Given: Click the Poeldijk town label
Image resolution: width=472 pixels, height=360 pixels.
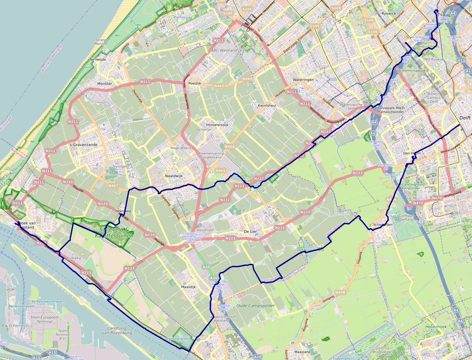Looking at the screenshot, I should pyautogui.click(x=195, y=83).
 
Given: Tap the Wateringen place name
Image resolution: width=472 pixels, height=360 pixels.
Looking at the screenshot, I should pyautogui.click(x=303, y=80).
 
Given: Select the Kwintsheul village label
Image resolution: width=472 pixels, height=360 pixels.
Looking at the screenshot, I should pyautogui.click(x=267, y=105).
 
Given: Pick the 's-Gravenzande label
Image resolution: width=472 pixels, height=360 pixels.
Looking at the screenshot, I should pyautogui.click(x=83, y=145).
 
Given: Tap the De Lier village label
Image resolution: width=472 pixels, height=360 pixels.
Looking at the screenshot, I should pyautogui.click(x=251, y=231).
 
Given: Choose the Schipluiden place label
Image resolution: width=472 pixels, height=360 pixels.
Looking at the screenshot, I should pyautogui.click(x=383, y=224).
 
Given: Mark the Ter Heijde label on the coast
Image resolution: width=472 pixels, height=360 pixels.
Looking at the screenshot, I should pyautogui.click(x=98, y=60).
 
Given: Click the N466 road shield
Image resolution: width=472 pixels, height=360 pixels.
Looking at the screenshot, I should pyautogui.click(x=229, y=147).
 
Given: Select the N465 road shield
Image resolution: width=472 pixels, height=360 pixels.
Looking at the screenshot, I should pyautogui.click(x=220, y=171).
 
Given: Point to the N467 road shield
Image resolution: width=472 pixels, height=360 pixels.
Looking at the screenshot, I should pyautogui.click(x=113, y=186).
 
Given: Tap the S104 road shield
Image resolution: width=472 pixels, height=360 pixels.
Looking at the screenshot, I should pyautogui.click(x=247, y=9).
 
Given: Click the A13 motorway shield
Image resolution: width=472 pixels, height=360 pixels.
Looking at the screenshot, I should pyautogui.click(x=461, y=60).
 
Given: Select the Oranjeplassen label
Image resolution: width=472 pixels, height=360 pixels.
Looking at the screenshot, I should pyautogui.click(x=178, y=339).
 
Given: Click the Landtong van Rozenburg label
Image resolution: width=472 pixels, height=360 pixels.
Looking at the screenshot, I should pyautogui.click(x=117, y=330).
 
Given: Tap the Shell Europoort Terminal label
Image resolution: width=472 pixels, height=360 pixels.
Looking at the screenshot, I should pyautogui.click(x=44, y=319).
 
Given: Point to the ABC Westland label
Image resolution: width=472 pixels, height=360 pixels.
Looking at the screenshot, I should pyautogui.click(x=224, y=50).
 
